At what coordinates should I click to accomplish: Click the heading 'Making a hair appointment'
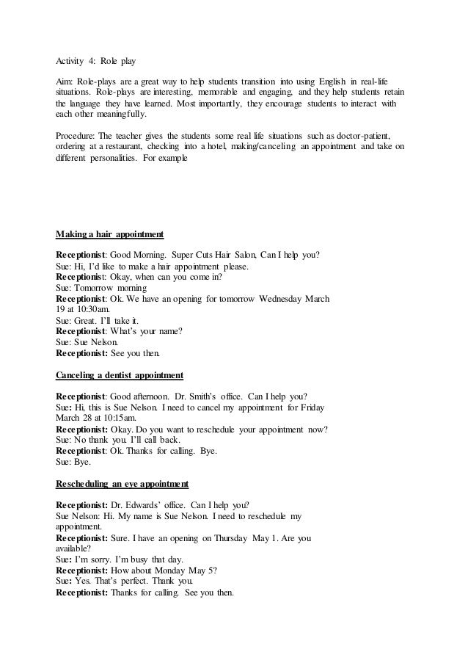(109, 235)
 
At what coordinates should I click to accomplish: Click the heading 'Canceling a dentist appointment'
(120, 376)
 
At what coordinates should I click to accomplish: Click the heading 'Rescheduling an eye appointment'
(122, 485)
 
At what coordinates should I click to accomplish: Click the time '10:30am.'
(83, 310)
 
